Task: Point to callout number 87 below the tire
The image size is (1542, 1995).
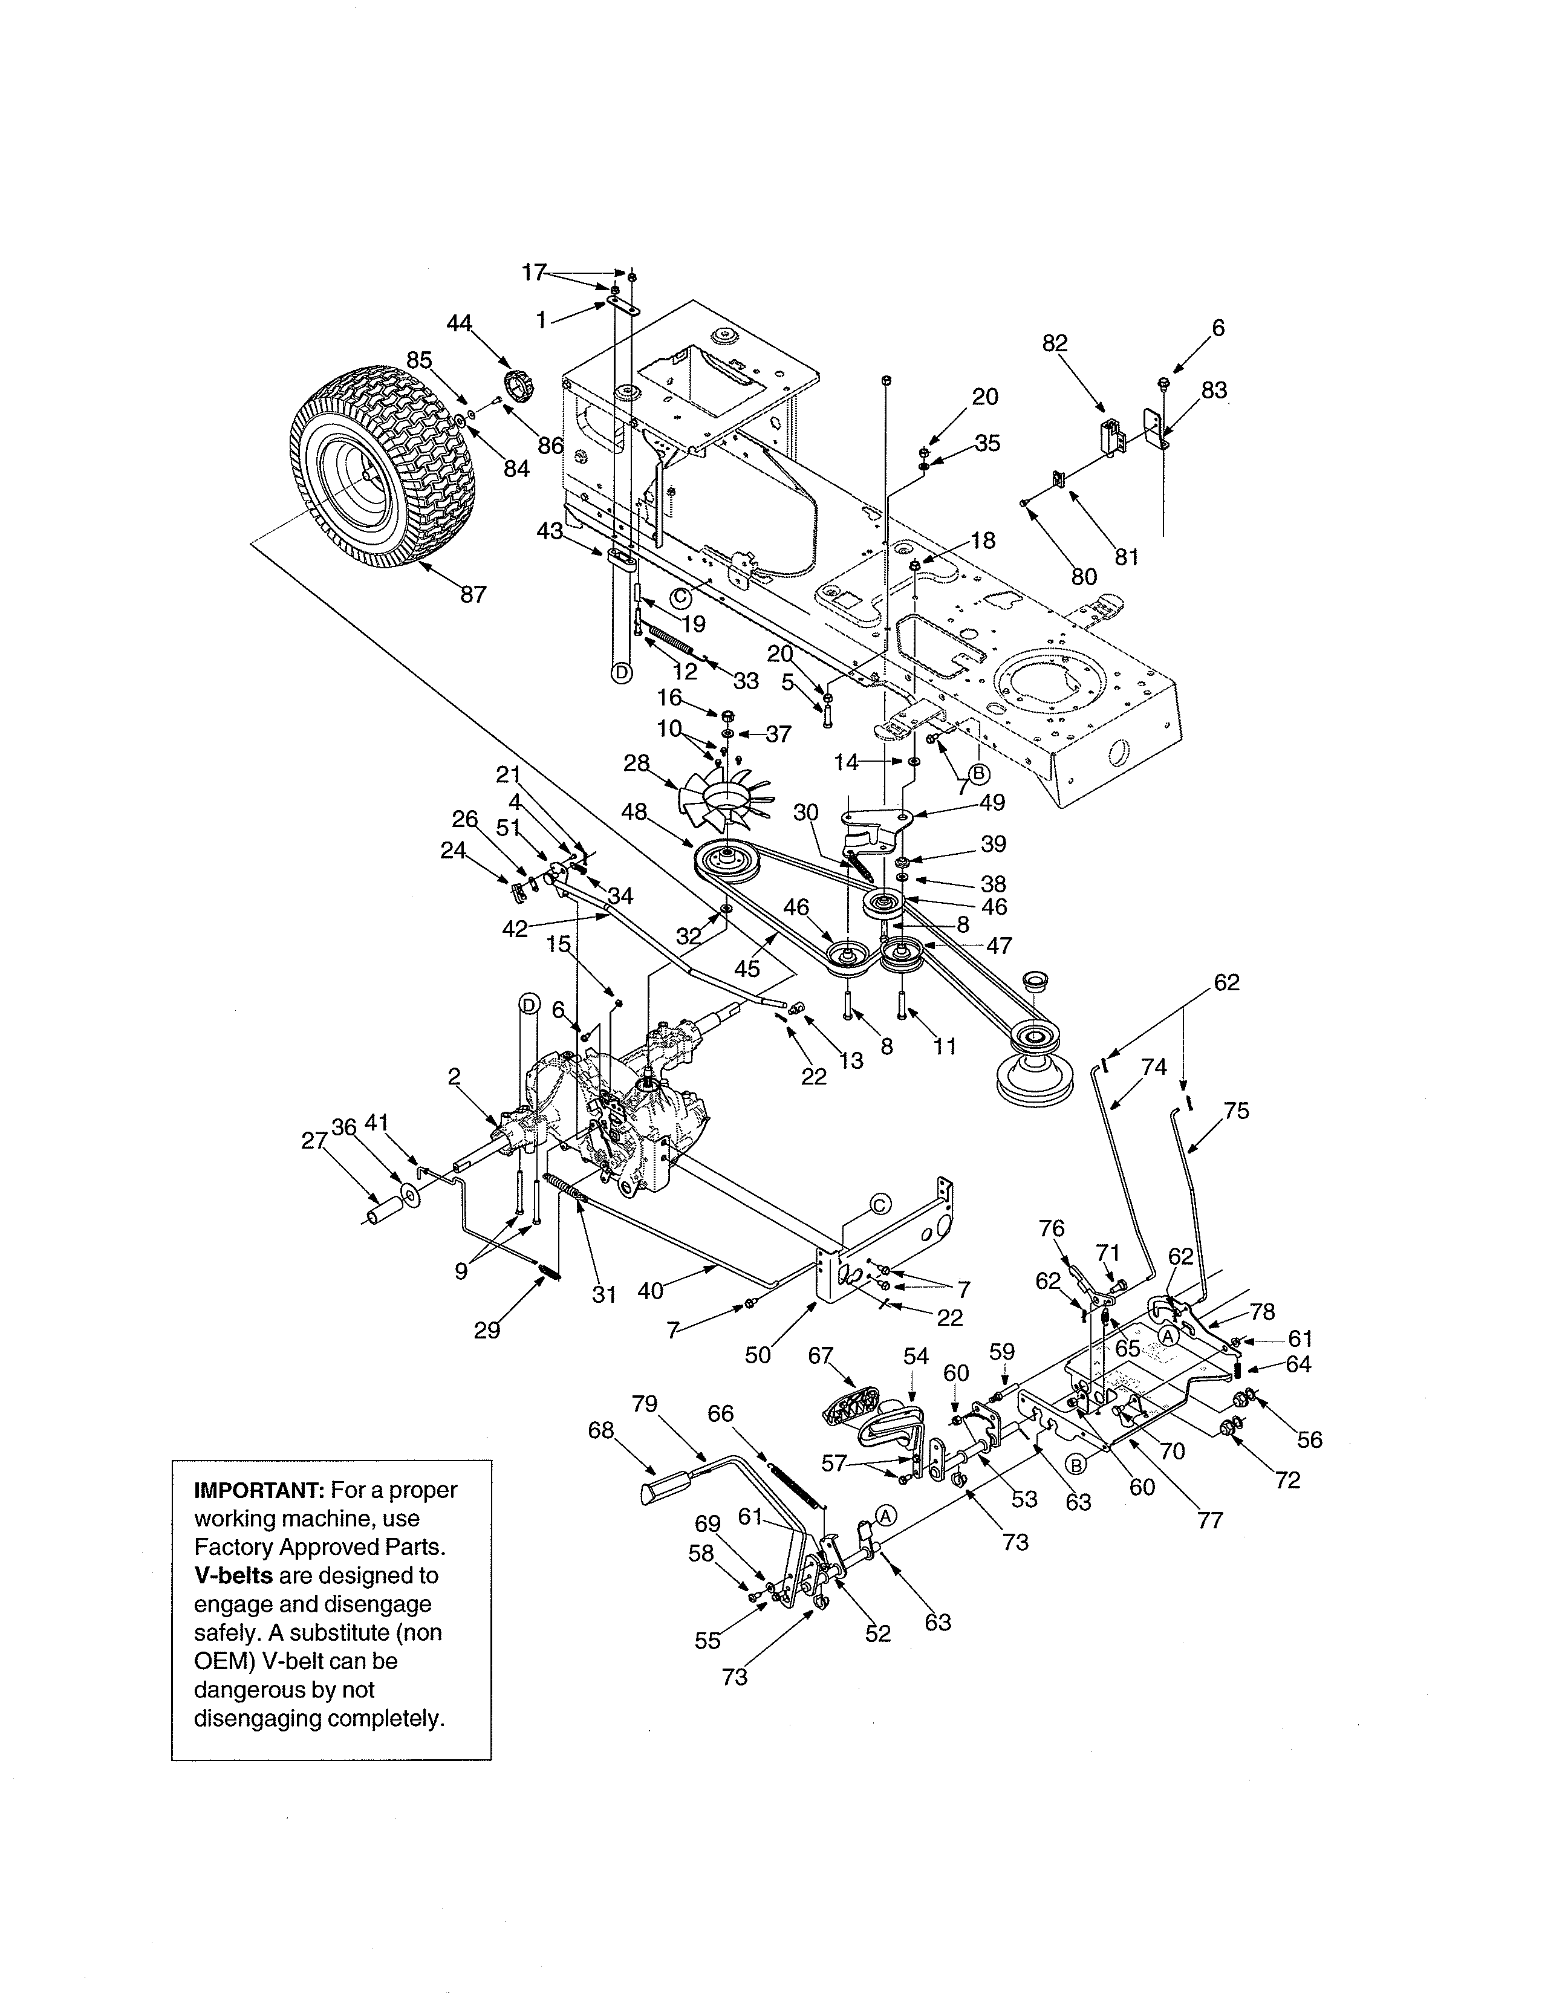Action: click(x=473, y=595)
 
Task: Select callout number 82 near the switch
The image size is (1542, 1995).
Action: click(x=1055, y=343)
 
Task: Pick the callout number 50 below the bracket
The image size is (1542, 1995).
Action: click(x=758, y=1355)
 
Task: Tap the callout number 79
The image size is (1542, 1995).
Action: click(x=645, y=1404)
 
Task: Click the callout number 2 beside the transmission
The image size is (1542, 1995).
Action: click(x=454, y=1077)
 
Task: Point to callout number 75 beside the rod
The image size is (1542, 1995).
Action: click(x=1236, y=1111)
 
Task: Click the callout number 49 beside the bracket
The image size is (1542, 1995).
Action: click(x=992, y=802)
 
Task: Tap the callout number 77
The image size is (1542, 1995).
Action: click(x=1209, y=1521)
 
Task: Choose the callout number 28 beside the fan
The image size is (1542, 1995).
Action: click(x=637, y=763)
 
